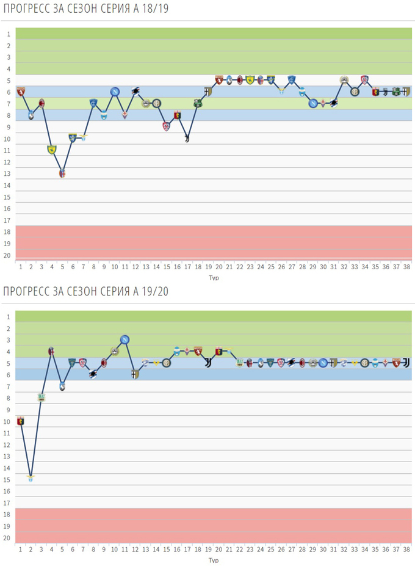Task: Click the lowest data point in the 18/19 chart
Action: point(62,173)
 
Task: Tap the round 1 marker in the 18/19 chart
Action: point(21,92)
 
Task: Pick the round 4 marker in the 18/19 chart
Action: point(52,149)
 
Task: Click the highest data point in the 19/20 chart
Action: point(125,339)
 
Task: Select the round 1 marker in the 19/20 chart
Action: point(21,421)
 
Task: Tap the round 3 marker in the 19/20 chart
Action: point(41,397)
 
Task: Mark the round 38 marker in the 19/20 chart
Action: point(406,362)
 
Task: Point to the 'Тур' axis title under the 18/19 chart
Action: point(213,278)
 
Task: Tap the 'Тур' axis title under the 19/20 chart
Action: point(213,560)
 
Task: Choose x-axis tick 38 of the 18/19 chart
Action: point(406,267)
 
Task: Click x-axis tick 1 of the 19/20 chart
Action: point(21,550)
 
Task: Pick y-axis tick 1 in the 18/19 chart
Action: point(9,34)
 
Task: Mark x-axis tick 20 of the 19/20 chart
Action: point(218,550)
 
